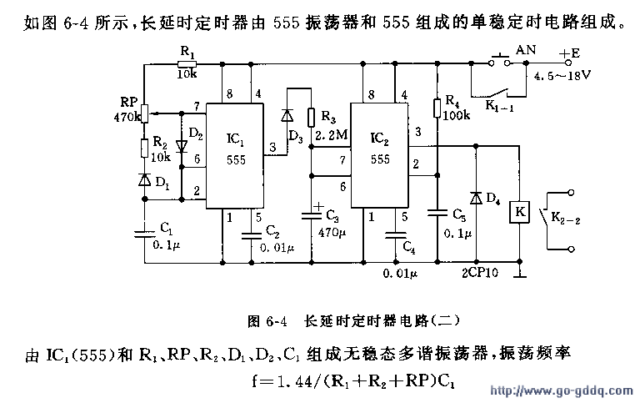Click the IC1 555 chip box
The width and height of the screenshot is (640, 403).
(235, 154)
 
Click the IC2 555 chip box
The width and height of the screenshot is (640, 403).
(380, 154)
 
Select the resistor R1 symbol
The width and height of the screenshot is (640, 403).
(187, 63)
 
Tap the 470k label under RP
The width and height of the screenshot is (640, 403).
(127, 118)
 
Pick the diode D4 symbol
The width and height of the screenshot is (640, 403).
(475, 198)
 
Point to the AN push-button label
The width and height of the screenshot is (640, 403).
(526, 50)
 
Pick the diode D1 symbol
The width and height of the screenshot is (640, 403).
(144, 179)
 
